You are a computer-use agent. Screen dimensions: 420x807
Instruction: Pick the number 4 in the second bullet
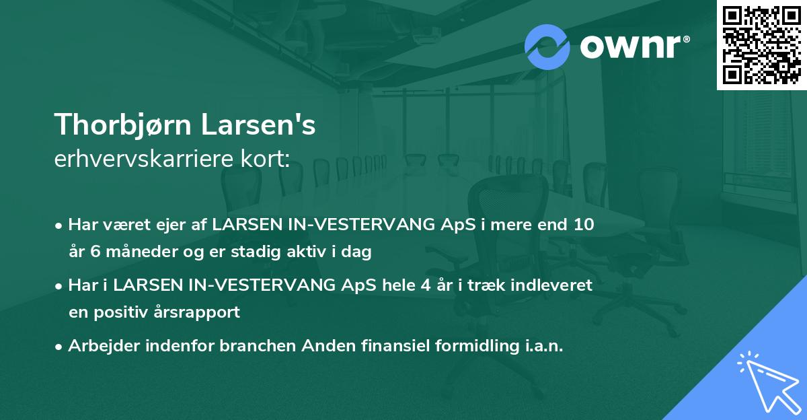[425, 285]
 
